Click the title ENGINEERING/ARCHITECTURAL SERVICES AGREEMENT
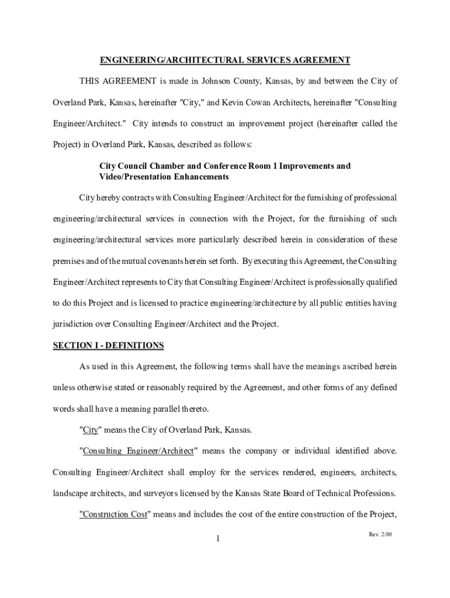click(x=224, y=60)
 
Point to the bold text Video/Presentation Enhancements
click(x=164, y=176)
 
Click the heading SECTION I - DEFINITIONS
click(x=109, y=346)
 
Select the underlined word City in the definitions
click(x=90, y=430)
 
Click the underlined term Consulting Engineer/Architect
click(x=139, y=451)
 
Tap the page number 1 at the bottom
click(x=217, y=539)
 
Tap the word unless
click(x=64, y=388)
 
